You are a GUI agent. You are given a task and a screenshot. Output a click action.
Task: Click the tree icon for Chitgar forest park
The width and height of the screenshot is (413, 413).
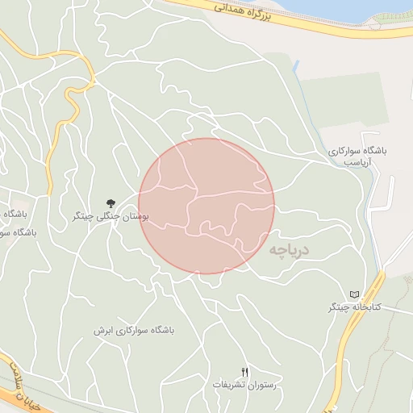tap(111, 202)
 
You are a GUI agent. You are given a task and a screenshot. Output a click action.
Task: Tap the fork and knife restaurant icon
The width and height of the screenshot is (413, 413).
tap(245, 372)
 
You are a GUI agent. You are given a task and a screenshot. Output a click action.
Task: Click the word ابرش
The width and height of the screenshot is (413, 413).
tap(102, 331)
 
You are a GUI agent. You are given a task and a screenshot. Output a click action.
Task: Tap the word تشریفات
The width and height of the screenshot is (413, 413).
tap(227, 385)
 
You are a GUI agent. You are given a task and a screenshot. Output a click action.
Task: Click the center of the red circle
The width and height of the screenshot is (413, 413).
tap(206, 206)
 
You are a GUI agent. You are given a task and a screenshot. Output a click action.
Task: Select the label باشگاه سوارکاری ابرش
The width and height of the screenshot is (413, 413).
tap(133, 331)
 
